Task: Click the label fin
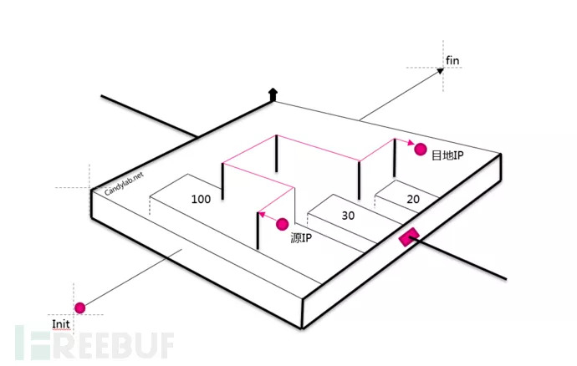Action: point(452,59)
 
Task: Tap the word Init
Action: point(60,324)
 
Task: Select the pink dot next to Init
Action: point(80,308)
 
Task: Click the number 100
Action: point(201,199)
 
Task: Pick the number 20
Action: point(413,199)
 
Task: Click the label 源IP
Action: point(301,238)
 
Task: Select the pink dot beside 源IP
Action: point(282,224)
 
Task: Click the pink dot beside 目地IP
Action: point(420,150)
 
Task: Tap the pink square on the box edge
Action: point(408,238)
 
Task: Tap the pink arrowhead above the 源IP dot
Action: point(261,214)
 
